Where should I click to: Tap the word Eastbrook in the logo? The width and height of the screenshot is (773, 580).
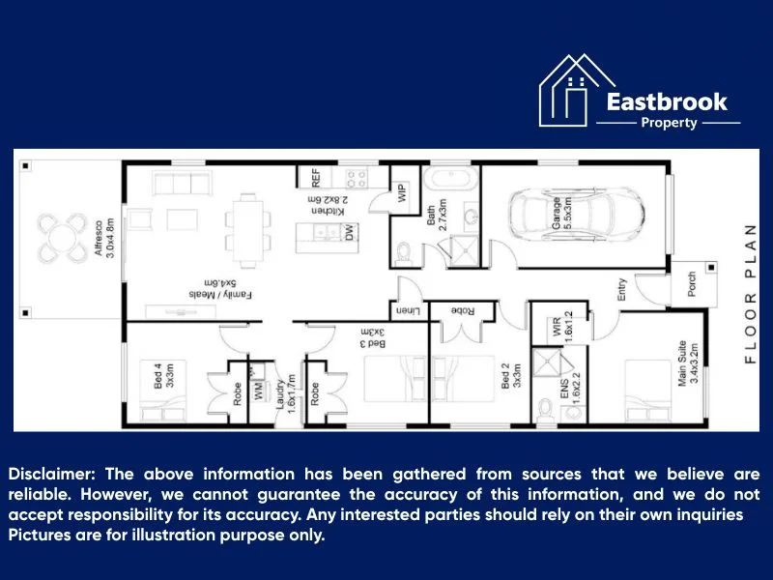pyautogui.click(x=667, y=101)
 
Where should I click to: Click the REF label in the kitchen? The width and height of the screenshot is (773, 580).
pyautogui.click(x=315, y=178)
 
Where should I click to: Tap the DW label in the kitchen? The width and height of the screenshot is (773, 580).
pyautogui.click(x=349, y=232)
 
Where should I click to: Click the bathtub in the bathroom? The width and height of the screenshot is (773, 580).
pyautogui.click(x=451, y=179)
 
